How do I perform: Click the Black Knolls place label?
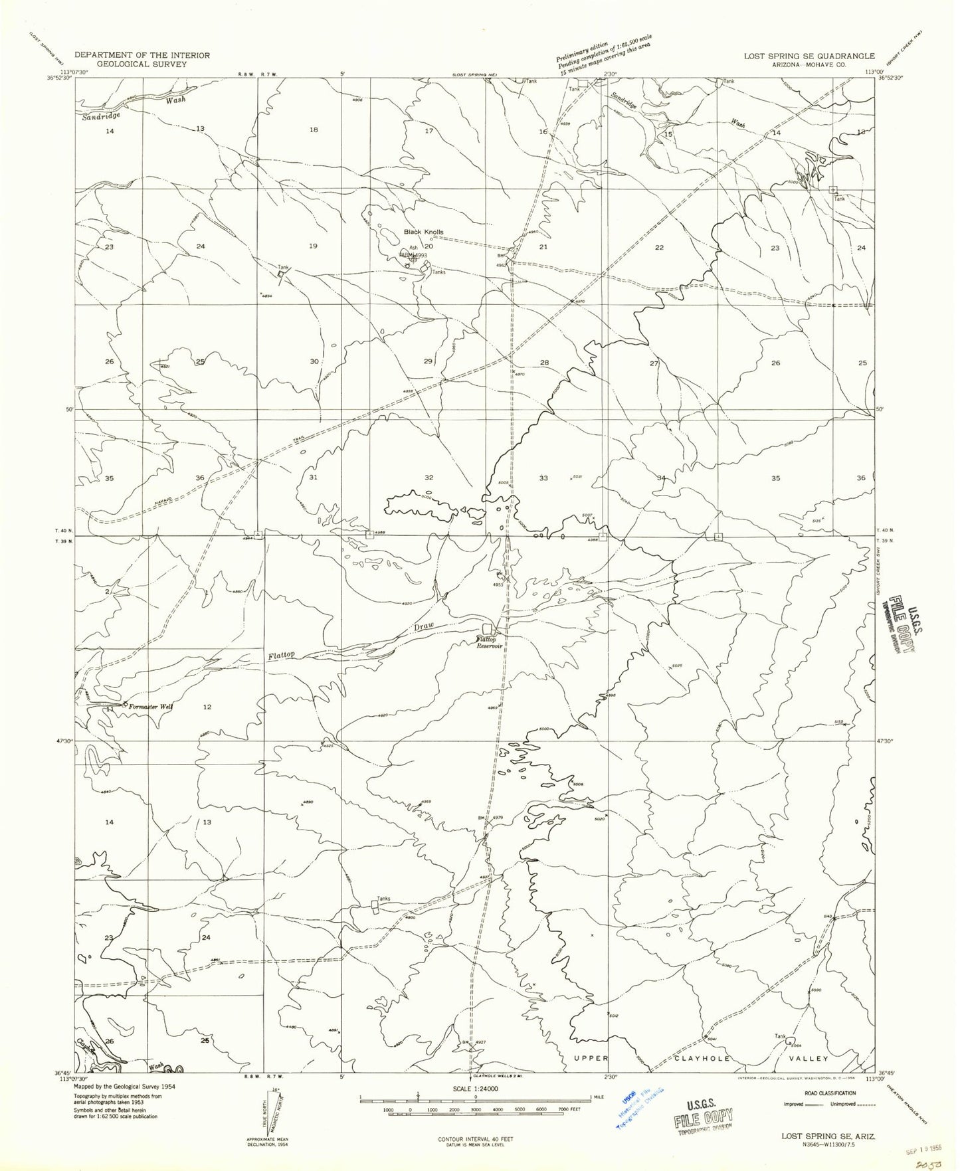[x=423, y=232]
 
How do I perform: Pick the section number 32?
[x=429, y=478]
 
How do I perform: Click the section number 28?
[x=544, y=363]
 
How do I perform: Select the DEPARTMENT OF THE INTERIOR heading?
[x=142, y=55]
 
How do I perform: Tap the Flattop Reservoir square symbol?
[x=488, y=628]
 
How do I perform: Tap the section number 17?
[x=429, y=131]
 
